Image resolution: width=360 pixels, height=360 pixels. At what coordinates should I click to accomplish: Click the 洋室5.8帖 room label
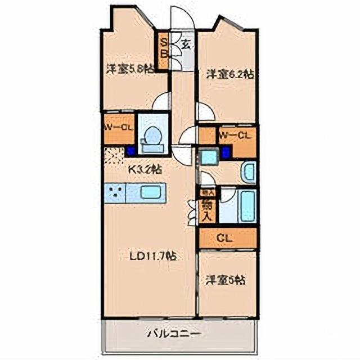pos(130,69)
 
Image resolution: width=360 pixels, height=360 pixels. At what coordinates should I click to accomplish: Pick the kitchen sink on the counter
pos(151,192)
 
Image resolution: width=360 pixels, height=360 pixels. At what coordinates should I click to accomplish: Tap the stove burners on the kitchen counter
pos(115,193)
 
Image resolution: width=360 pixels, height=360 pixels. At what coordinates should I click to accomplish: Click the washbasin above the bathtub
pos(248,173)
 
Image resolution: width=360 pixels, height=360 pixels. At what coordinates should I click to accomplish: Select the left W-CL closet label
pos(119,128)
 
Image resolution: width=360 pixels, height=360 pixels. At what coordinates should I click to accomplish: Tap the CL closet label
pos(228,238)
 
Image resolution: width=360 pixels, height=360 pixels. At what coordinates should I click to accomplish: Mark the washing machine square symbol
pos(209,157)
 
